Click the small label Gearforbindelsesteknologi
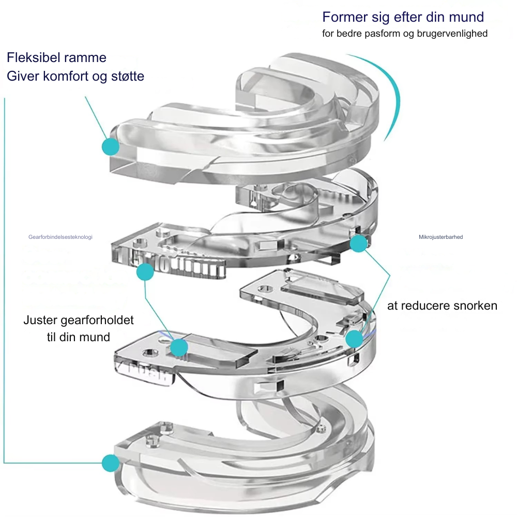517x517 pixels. click(x=60, y=237)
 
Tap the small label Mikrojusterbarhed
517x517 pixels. click(x=440, y=237)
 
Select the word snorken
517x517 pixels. click(x=475, y=306)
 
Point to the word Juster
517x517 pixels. click(x=40, y=320)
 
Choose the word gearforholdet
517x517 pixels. click(x=97, y=321)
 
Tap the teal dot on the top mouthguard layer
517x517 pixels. click(x=110, y=146)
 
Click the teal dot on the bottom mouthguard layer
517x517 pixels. click(x=110, y=462)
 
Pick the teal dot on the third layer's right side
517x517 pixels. click(x=354, y=339)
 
